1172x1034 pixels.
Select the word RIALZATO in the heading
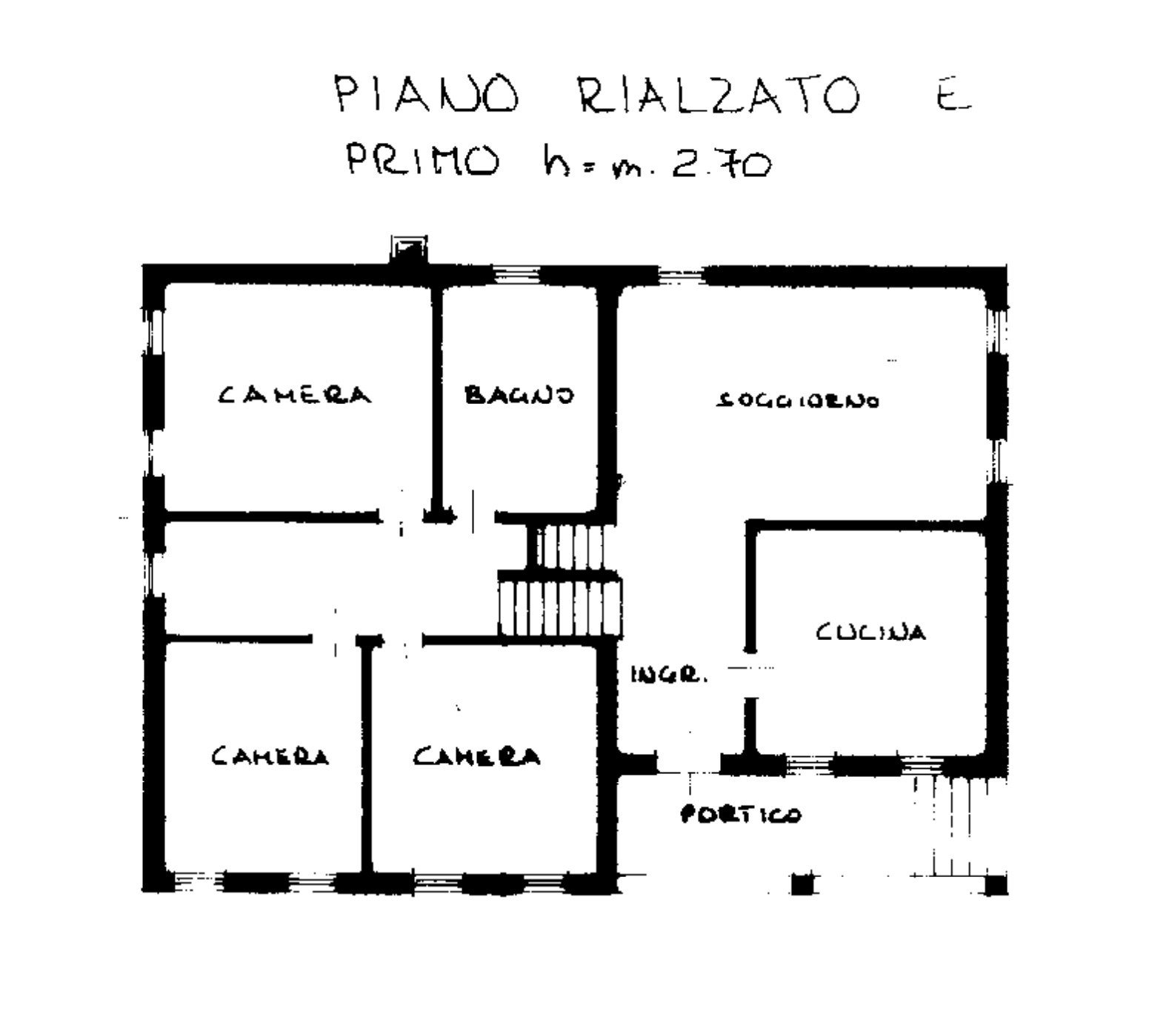718,97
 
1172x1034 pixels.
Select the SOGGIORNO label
798,401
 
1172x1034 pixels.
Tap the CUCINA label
870,633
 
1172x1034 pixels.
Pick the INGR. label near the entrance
669,676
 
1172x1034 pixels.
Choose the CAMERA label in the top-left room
295,395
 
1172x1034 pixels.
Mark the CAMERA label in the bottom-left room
270,756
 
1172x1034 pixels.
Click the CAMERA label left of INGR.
476,756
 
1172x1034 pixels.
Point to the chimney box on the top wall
408,249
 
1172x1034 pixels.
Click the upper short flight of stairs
571,547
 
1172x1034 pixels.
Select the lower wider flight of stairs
561,607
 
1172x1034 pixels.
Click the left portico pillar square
802,884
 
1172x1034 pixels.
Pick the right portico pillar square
996,884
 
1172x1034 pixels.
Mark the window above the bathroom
516,276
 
